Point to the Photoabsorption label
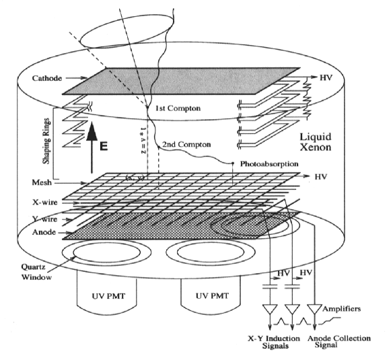coord(263,163)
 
